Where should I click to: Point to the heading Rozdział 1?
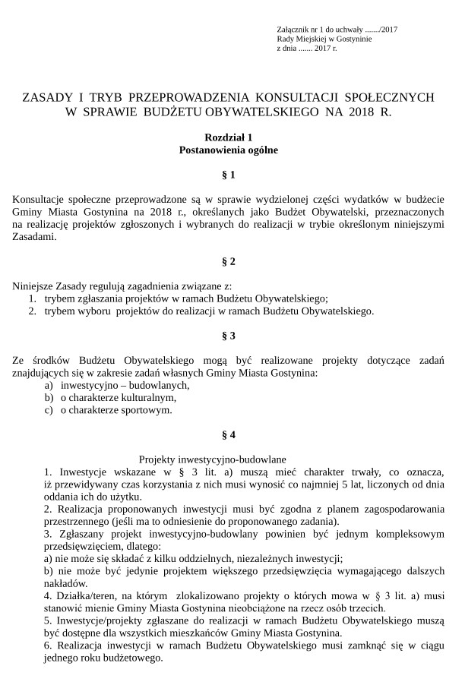(228, 137)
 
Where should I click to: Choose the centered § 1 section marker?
(228, 175)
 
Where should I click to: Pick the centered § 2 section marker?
(228, 261)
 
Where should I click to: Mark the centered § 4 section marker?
(228, 435)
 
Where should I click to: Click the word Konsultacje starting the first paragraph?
(41, 200)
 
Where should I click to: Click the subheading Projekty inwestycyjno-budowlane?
(213, 459)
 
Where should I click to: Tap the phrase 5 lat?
(346, 484)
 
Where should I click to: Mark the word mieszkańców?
(217, 633)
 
